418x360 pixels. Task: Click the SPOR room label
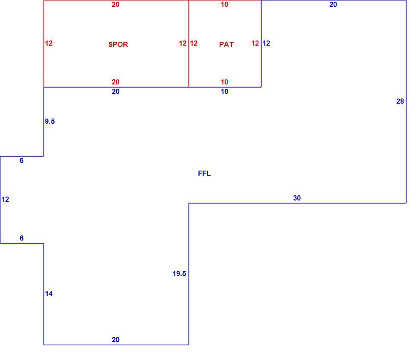[118, 44]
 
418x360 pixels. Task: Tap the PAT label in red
[226, 44]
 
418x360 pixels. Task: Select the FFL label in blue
[204, 173]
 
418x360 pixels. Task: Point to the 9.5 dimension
[50, 121]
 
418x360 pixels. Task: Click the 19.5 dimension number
[180, 273]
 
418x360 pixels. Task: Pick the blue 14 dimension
[49, 293]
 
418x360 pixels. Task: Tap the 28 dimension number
[400, 102]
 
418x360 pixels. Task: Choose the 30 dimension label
[297, 198]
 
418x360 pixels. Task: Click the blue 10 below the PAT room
[224, 91]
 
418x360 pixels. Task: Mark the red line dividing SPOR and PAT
[189, 44]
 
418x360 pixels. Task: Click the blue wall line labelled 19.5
[189, 274]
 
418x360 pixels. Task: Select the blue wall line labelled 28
[406, 102]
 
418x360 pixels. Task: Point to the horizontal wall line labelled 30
[298, 203]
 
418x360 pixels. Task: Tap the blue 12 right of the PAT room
[266, 43]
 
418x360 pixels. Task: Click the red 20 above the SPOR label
[116, 4]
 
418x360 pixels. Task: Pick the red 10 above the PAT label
[224, 4]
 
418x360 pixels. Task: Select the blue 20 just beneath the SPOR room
[116, 91]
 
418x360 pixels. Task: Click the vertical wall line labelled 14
[44, 294]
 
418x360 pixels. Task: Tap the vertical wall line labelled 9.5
[44, 122]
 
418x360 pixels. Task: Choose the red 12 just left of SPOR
[49, 43]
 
